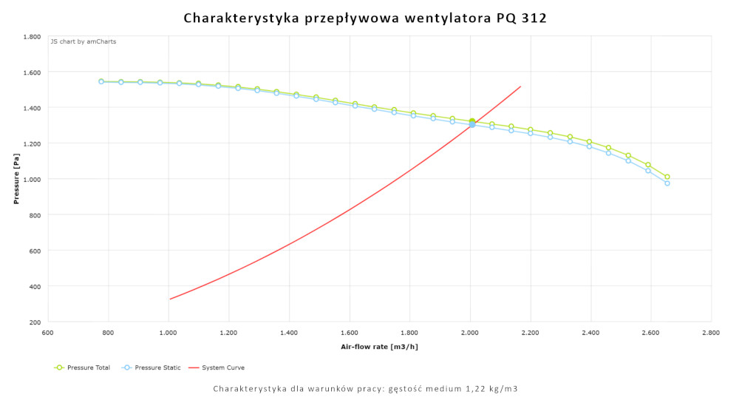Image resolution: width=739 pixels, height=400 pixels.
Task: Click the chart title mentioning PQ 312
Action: (x=365, y=18)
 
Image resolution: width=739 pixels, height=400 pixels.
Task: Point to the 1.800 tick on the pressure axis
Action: (x=31, y=36)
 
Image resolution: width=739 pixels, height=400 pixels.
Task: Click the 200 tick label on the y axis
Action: (x=34, y=322)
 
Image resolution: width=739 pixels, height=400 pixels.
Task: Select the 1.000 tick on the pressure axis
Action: (x=31, y=179)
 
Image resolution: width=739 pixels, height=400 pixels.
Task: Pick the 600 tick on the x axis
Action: (x=48, y=334)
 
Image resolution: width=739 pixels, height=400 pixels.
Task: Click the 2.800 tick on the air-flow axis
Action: (x=711, y=334)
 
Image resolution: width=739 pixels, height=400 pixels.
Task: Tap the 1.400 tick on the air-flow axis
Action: (x=289, y=334)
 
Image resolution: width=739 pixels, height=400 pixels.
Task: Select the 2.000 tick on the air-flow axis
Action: (x=470, y=334)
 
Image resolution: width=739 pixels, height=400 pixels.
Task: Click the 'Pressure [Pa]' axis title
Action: (x=16, y=179)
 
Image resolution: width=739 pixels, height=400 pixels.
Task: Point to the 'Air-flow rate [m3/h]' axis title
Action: (x=379, y=346)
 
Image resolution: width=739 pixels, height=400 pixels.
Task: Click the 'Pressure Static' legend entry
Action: (x=151, y=367)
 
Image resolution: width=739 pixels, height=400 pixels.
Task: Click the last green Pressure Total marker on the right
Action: (x=667, y=177)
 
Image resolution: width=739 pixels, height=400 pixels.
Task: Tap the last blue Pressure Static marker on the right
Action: (x=667, y=183)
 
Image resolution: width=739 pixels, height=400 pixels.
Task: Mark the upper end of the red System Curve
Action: (x=521, y=87)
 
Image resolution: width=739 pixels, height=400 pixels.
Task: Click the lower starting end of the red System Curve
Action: (x=170, y=299)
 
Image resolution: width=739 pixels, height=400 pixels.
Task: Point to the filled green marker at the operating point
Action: (x=471, y=121)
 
